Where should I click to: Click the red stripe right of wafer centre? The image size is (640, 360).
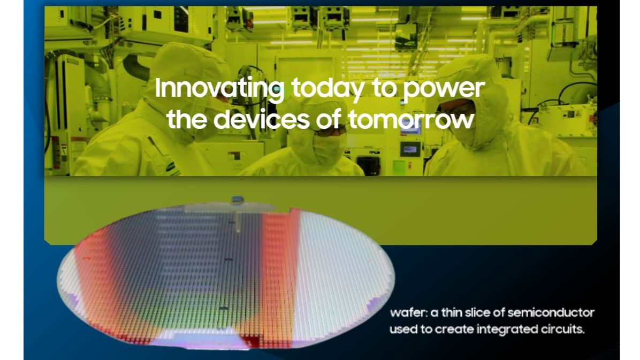pyautogui.click(x=279, y=267)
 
